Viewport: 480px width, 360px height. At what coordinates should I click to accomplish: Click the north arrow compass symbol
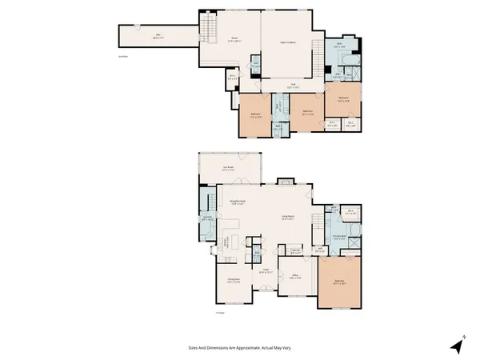pyautogui.click(x=456, y=345)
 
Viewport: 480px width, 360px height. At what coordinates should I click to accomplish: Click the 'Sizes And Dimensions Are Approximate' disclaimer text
pyautogui.click(x=239, y=348)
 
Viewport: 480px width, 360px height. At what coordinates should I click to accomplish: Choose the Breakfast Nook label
pyautogui.click(x=237, y=202)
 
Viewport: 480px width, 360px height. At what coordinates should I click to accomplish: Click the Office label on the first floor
pyautogui.click(x=294, y=277)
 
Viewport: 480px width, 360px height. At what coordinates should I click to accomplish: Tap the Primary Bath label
pyautogui.click(x=340, y=237)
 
